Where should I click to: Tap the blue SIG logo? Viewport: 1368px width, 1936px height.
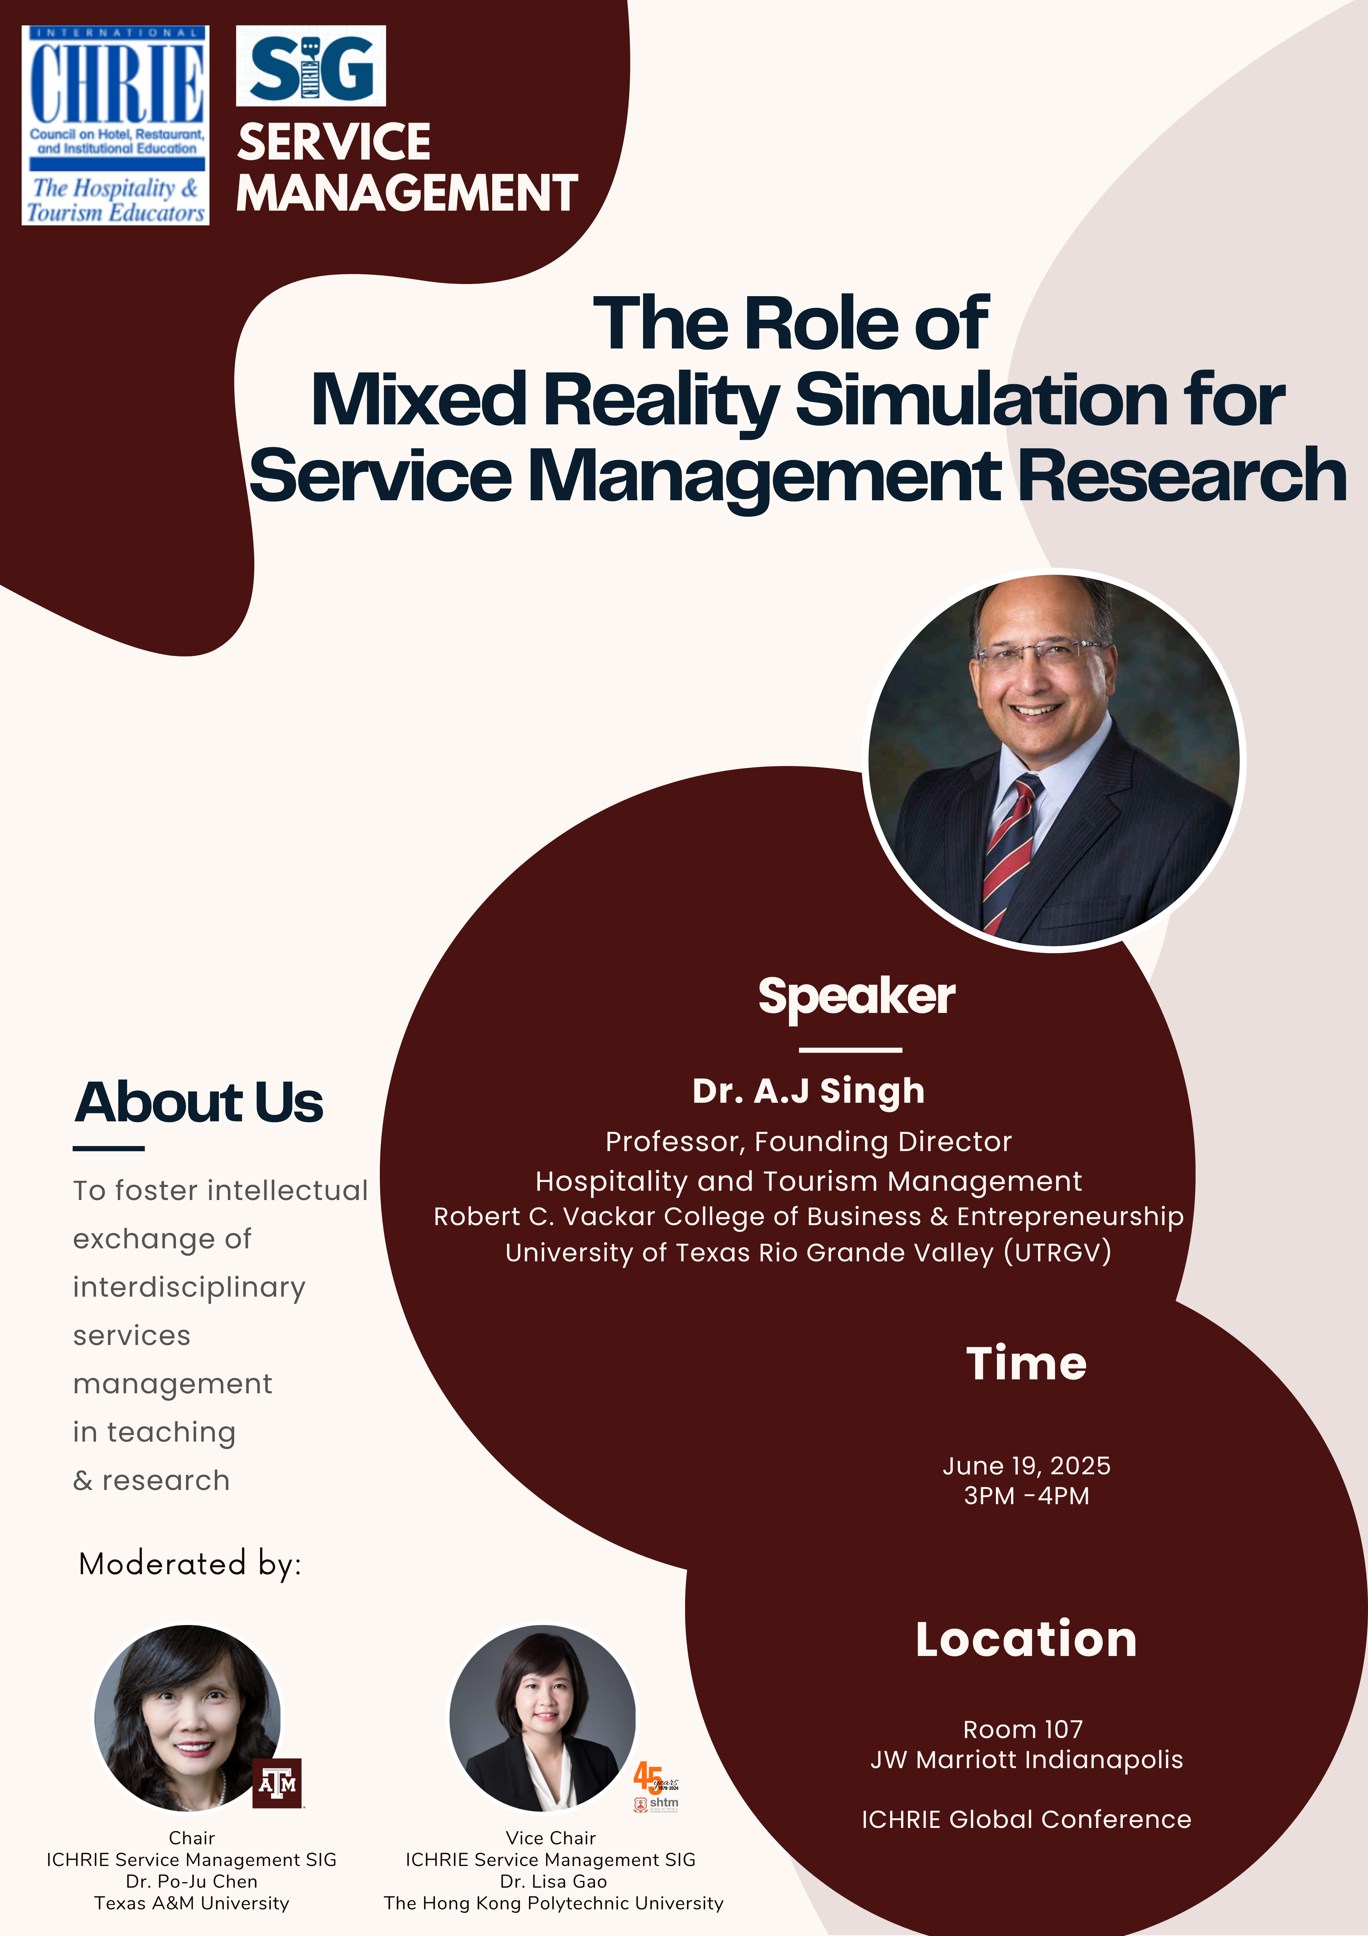311,66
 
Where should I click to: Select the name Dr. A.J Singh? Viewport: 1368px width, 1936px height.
808,1091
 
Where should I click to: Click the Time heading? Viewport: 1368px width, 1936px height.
1026,1364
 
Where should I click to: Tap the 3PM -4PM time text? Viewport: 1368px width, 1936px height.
1026,1496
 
